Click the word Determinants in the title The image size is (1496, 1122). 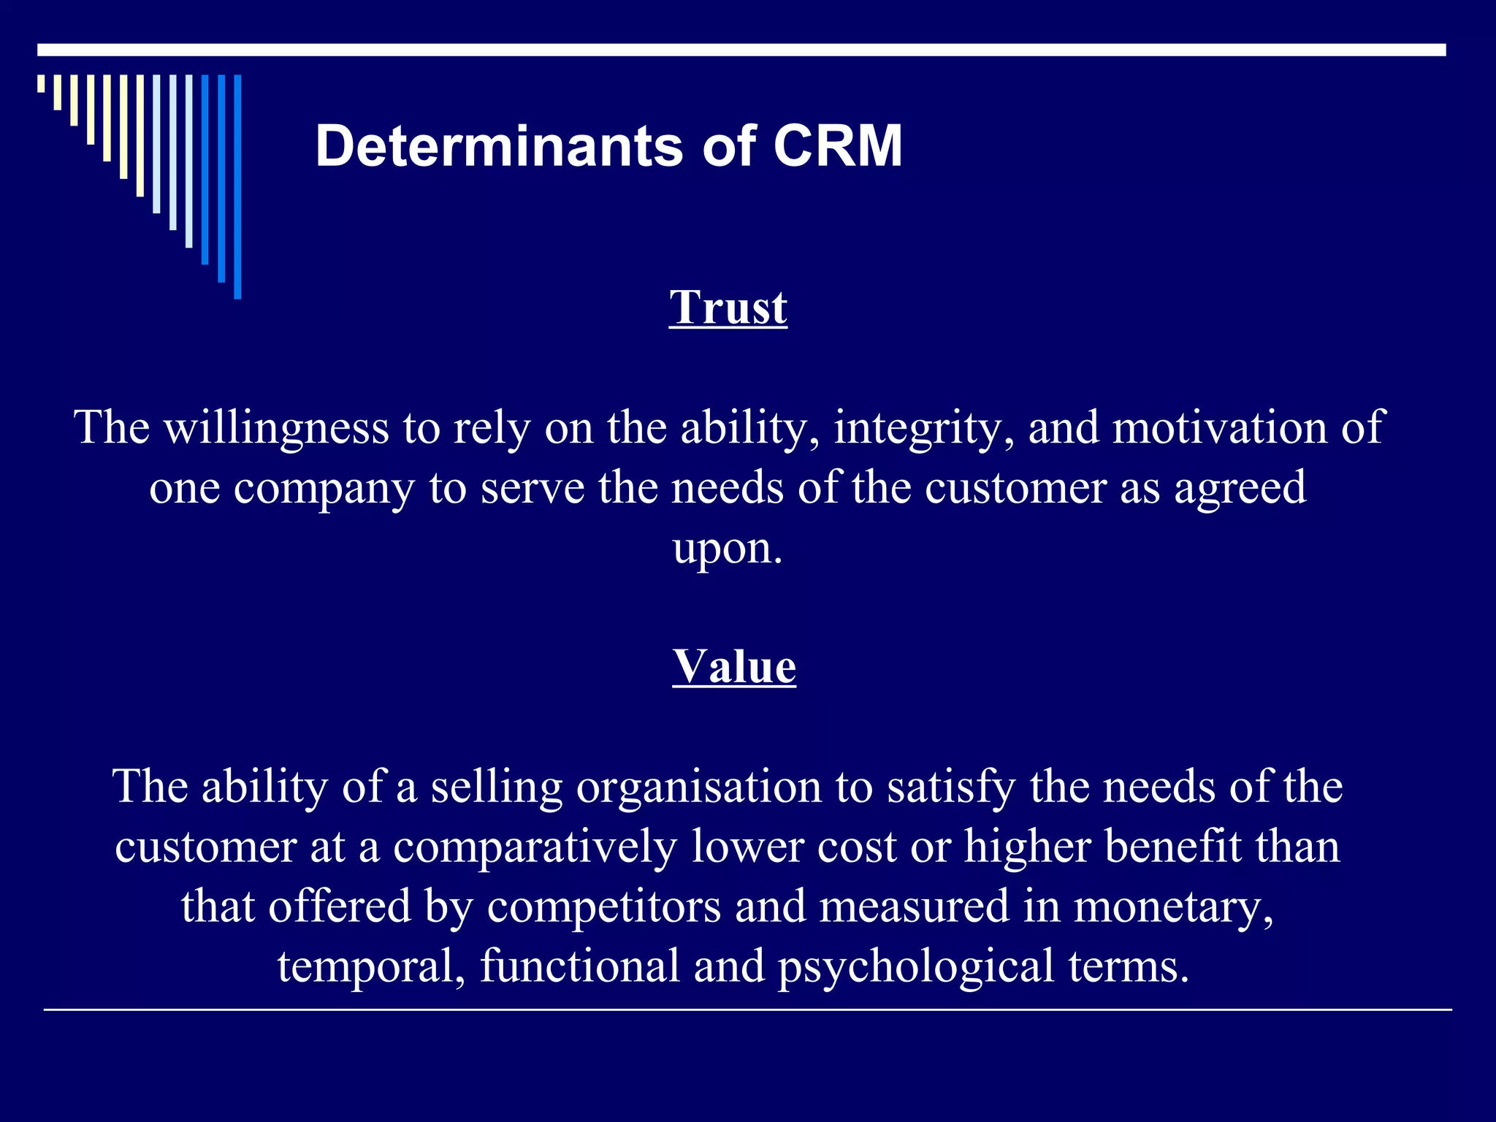coord(499,146)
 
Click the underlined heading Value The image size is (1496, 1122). coord(734,666)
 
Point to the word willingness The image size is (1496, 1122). coord(276,428)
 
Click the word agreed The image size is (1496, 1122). coord(1240,489)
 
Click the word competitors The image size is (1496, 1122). coord(604,907)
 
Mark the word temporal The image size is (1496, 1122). coord(372,967)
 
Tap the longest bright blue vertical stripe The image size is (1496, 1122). coord(237,186)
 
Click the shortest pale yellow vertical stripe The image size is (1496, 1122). coord(41,83)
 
